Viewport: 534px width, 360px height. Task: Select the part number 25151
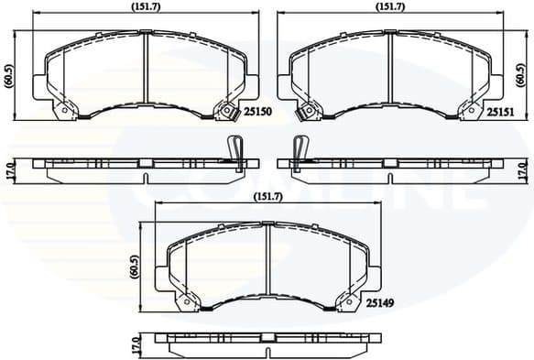point(500,112)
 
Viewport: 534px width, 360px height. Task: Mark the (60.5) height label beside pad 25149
point(134,267)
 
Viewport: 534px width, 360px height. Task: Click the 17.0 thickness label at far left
point(9,170)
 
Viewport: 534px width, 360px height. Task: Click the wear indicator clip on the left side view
point(234,149)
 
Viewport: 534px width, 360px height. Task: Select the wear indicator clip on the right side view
point(298,149)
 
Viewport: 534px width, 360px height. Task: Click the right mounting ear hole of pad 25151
point(471,112)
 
